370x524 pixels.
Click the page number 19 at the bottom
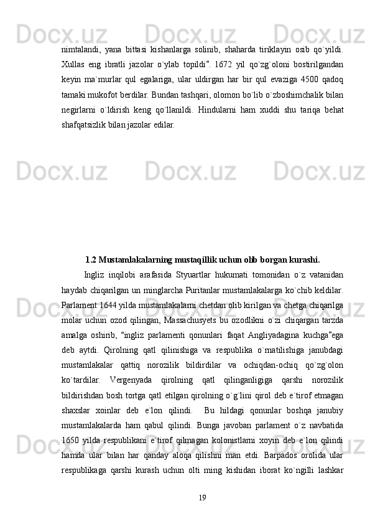(201, 497)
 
